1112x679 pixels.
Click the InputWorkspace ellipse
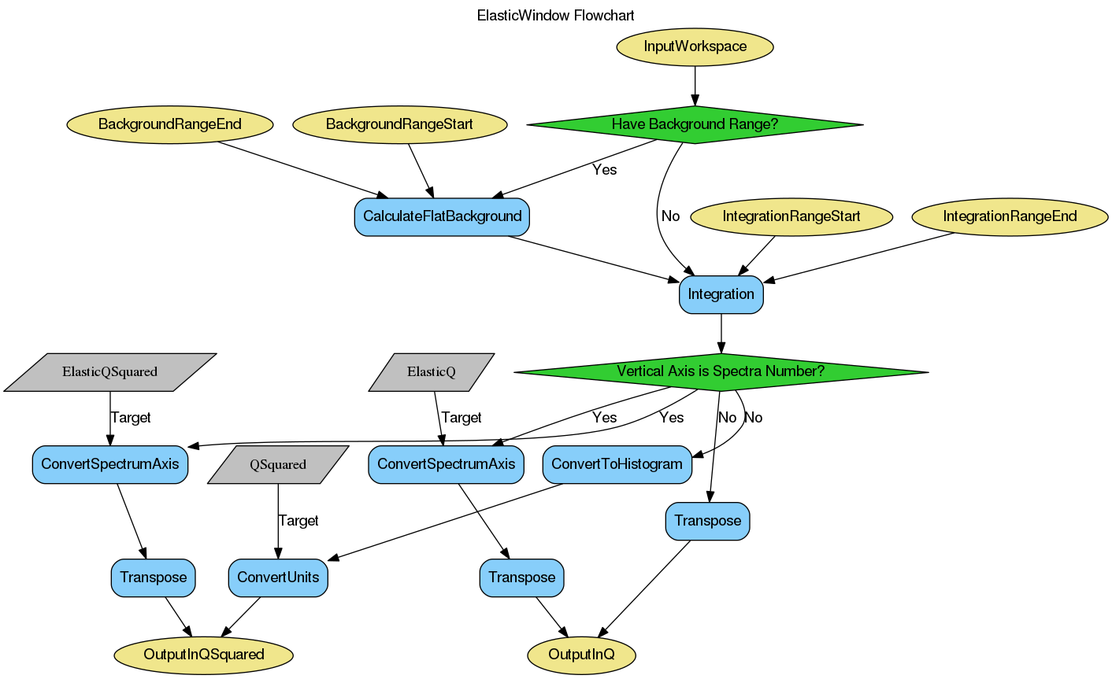(695, 46)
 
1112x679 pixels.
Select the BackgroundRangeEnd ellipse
(169, 124)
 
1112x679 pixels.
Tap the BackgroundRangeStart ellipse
(399, 124)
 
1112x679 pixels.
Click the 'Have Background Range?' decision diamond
(695, 124)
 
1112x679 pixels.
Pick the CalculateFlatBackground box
(442, 216)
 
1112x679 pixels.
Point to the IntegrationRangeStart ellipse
(791, 216)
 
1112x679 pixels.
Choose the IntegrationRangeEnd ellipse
(1010, 216)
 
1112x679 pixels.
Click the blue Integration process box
(721, 294)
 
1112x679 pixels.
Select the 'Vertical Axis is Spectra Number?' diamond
(721, 371)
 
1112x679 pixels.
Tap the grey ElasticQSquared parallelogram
(109, 372)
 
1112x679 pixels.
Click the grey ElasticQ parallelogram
(432, 372)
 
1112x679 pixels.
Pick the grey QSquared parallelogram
(278, 465)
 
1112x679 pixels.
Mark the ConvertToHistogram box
(617, 464)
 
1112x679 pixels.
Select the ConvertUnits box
(278, 578)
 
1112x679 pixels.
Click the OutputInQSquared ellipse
(204, 655)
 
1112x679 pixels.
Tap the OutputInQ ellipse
(581, 655)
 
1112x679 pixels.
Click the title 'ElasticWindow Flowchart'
(556, 16)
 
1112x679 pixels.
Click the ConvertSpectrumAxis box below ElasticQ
(446, 464)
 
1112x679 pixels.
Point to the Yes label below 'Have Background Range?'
(604, 170)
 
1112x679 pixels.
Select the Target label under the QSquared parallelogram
(298, 521)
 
